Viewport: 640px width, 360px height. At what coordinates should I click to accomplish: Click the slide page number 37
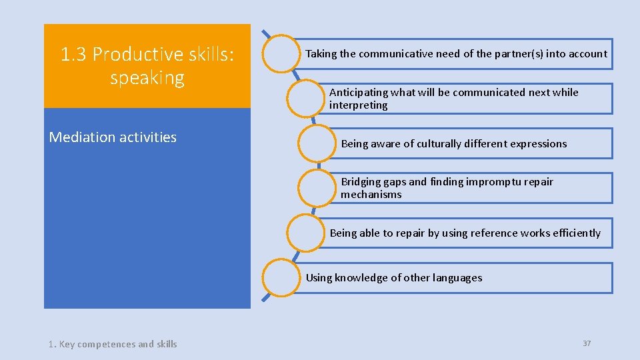click(587, 343)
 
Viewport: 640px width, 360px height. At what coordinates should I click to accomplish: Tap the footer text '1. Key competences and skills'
click(113, 344)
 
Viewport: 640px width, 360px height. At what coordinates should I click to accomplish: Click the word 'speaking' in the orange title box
click(147, 78)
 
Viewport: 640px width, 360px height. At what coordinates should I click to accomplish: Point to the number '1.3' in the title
click(74, 54)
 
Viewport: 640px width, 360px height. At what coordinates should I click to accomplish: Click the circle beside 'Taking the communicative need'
click(282, 53)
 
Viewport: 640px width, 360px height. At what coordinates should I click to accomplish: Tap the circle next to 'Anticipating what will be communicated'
click(307, 99)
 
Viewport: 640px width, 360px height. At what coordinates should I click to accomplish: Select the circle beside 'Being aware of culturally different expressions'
click(318, 143)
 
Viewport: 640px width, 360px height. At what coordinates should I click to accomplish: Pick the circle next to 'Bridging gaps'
click(318, 188)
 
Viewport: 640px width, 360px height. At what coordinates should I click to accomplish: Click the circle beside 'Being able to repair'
click(307, 233)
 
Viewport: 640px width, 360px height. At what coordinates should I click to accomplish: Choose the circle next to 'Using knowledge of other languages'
click(282, 278)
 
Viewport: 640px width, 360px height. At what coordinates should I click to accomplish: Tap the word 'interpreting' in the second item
click(358, 105)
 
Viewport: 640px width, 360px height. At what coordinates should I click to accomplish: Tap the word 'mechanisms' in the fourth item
click(371, 195)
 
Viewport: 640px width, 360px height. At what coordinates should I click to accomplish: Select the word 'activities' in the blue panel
click(147, 137)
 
